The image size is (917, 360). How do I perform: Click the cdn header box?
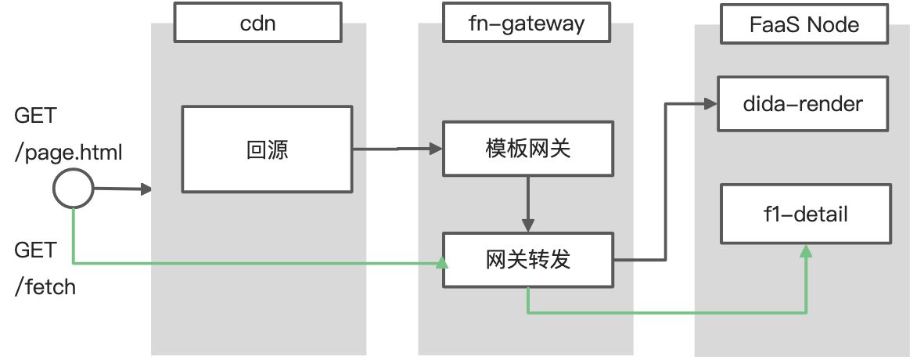coord(258,22)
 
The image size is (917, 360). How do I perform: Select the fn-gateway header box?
coord(527,22)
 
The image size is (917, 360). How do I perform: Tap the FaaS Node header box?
coord(804,24)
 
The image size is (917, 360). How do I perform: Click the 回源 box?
coord(268,149)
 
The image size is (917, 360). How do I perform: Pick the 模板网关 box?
coord(528,149)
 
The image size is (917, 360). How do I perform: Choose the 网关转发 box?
coord(528,260)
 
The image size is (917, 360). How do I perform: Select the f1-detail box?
coord(806,214)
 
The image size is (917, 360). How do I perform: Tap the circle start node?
coord(73,189)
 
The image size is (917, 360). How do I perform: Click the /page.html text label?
coord(69,153)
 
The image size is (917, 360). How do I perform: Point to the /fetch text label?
coord(45,287)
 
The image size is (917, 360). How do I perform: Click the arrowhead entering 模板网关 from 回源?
coord(436,149)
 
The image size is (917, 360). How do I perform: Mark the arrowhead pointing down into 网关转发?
coord(528,225)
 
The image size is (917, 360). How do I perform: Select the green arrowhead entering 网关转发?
coord(442,264)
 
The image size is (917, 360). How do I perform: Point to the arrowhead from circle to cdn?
coord(146,189)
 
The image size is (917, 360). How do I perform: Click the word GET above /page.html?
coord(35,116)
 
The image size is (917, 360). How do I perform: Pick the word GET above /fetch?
coord(35,250)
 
